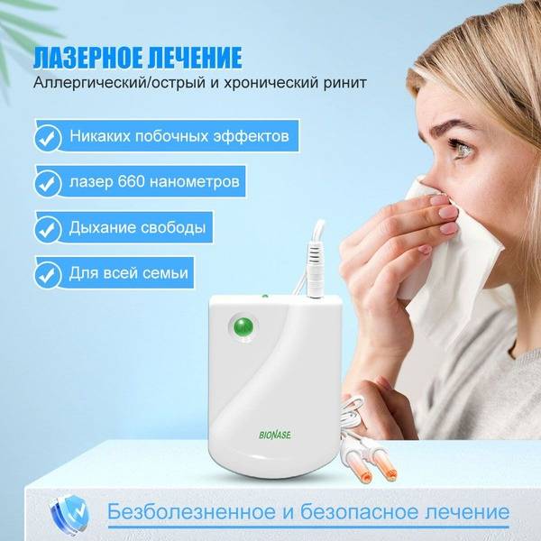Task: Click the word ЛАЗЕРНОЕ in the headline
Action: (x=87, y=58)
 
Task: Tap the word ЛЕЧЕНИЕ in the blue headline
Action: (x=195, y=58)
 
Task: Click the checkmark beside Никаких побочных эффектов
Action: (x=47, y=137)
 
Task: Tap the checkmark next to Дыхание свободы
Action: (x=47, y=229)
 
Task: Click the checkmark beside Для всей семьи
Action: (x=47, y=275)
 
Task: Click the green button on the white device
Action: (x=243, y=326)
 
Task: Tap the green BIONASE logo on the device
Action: (x=275, y=435)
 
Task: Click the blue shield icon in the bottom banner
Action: (x=69, y=511)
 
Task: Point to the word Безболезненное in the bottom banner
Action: (x=191, y=512)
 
